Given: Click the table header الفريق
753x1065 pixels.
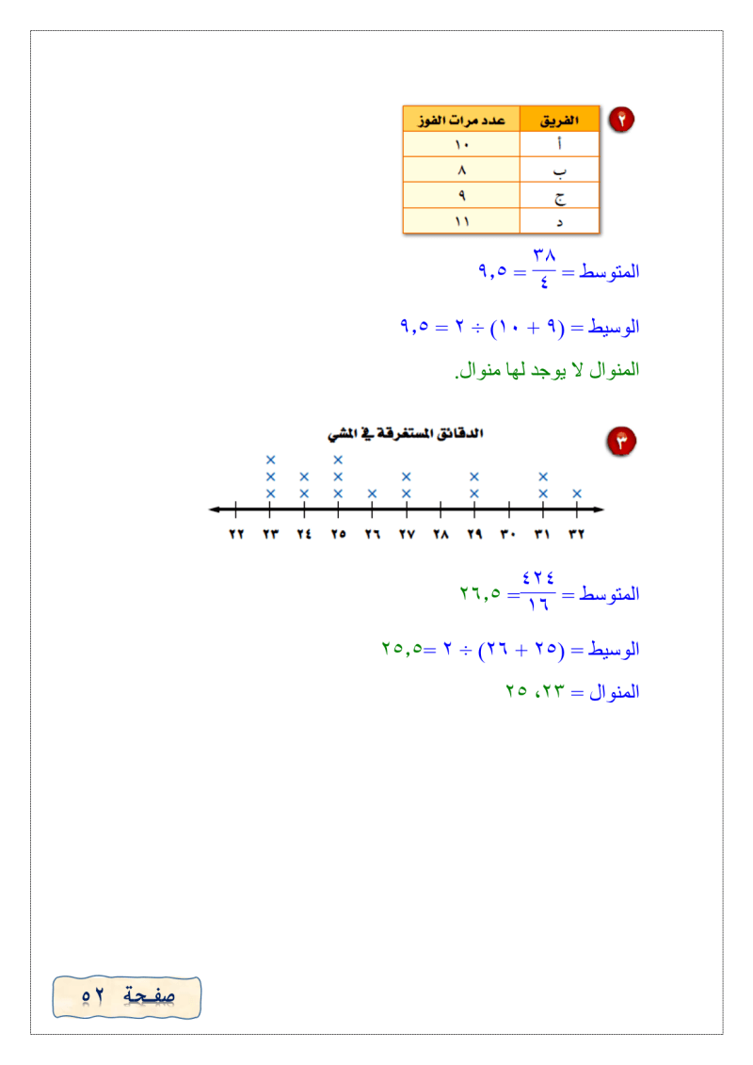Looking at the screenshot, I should coord(559,121).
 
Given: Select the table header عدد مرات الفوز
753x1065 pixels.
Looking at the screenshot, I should coord(461,121).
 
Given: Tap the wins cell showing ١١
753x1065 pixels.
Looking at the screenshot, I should coord(461,221).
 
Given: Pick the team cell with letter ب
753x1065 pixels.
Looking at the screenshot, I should coord(559,171).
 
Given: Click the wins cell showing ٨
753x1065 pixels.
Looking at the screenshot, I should coord(461,171).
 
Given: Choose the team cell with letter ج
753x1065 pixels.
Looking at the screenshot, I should coord(559,197).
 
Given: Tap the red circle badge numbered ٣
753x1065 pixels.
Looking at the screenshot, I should coord(622,440).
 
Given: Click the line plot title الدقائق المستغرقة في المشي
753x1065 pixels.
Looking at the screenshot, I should coord(405,434).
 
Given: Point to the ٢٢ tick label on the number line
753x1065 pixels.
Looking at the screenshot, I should coord(236,534).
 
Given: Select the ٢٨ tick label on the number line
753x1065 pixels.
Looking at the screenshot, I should coord(441,534).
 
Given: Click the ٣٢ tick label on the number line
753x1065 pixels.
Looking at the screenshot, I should coord(576,534).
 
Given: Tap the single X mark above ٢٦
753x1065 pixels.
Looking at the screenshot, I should coord(372,493).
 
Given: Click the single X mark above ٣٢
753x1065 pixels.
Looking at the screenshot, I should coord(576,493).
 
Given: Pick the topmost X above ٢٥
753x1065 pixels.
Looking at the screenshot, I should coord(338,460).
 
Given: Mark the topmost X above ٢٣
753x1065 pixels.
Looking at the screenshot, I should coord(270,460).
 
